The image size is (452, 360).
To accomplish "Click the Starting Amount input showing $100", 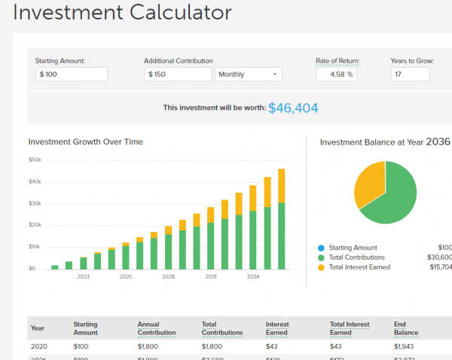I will coord(72,74).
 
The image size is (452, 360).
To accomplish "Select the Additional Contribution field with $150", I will coord(178,74).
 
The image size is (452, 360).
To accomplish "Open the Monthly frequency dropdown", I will coord(249,74).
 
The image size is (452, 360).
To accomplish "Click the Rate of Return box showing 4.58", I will coord(337,74).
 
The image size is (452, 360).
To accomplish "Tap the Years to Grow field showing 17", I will coord(410,74).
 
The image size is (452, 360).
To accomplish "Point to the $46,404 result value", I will coord(293,108).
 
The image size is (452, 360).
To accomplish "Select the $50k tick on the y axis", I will coord(35,160).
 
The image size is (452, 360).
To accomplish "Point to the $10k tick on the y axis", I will coord(35,246).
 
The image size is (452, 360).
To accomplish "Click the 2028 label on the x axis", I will coord(168,276).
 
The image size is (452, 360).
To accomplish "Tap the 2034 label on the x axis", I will coord(252,276).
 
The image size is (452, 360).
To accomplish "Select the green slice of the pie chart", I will coord(395,196).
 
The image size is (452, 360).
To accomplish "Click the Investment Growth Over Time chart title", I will coord(85,142).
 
